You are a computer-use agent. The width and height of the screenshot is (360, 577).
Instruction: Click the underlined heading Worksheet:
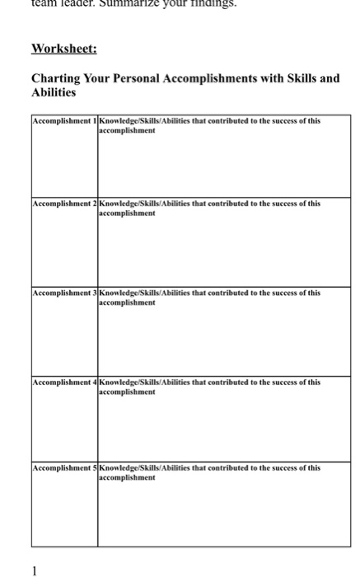tap(64, 48)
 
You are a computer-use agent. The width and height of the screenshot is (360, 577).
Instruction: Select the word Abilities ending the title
tap(54, 93)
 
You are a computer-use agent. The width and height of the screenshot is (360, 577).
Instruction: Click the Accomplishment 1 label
tap(63, 121)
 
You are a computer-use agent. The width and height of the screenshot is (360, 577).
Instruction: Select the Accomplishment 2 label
tap(63, 203)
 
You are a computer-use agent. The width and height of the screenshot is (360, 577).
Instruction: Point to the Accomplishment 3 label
tap(63, 293)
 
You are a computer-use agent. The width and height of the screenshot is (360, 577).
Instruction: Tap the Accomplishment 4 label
tap(63, 382)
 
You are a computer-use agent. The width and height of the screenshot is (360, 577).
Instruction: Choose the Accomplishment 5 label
tap(63, 467)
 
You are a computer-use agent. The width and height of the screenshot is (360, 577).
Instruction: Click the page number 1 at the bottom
tap(35, 569)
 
